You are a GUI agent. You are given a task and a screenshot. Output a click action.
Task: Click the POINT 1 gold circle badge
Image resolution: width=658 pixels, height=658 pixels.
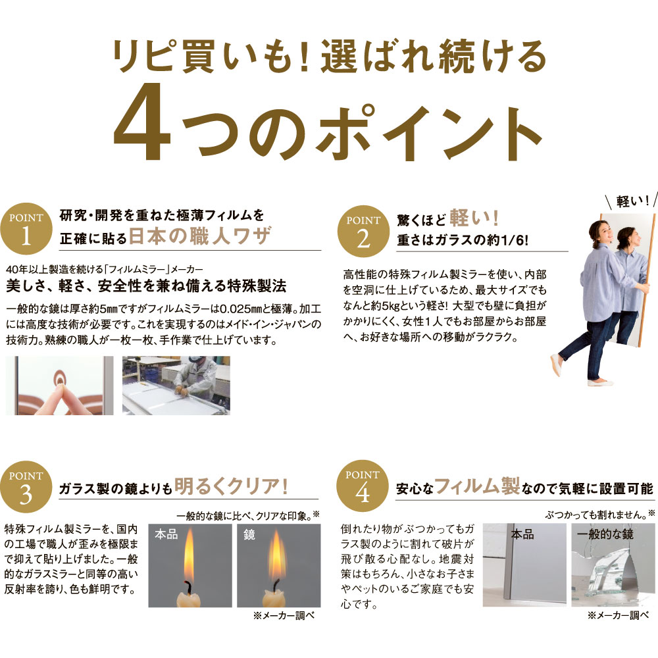26,229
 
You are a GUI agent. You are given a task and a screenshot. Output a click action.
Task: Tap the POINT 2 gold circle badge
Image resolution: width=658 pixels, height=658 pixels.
363,232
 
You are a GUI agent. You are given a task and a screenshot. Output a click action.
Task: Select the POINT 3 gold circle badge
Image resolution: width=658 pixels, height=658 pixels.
26,487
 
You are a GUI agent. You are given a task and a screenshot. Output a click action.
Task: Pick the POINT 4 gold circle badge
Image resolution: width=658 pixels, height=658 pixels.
363,486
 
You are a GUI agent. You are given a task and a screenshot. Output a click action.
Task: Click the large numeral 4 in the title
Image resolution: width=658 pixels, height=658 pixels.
143,121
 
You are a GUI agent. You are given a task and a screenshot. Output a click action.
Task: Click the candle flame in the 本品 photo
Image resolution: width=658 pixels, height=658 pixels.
189,553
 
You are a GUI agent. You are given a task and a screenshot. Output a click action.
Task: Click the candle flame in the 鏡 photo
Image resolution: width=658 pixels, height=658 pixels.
276,554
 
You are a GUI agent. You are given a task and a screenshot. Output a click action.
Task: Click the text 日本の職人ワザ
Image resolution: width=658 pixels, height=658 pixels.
200,236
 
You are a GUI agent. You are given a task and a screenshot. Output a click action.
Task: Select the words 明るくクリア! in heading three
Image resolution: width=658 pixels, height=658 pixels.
231,486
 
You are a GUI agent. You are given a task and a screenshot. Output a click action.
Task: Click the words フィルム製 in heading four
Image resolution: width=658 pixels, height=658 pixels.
477,486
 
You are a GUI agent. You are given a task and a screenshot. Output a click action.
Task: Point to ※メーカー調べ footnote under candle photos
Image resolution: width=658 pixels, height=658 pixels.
284,616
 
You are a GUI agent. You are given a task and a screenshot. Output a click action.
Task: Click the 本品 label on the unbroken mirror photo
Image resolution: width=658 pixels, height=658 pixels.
522,534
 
